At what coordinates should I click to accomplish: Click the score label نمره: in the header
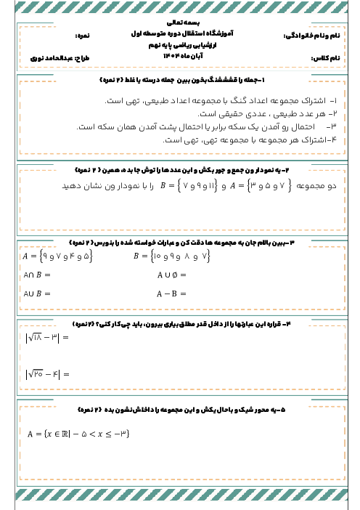click(86, 34)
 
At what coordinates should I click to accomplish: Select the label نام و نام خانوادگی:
click(311, 34)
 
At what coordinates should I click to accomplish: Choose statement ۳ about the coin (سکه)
click(218, 126)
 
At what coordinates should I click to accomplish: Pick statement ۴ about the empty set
click(247, 139)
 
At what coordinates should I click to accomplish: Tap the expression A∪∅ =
click(172, 275)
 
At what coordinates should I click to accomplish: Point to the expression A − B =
click(172, 294)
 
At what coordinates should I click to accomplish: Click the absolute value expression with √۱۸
click(46, 338)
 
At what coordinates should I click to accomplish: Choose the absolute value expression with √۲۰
click(46, 374)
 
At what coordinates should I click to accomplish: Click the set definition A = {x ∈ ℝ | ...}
click(78, 434)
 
